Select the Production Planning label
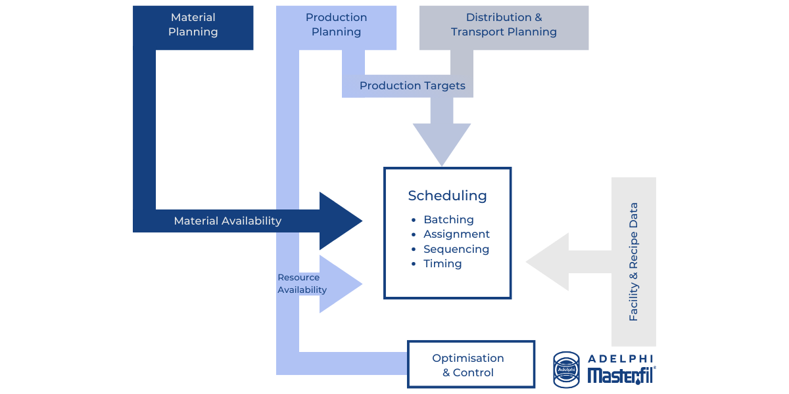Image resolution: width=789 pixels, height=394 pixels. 336,25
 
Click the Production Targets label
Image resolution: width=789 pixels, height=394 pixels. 412,86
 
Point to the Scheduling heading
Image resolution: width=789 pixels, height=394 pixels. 447,196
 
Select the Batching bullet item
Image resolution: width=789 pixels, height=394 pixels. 448,220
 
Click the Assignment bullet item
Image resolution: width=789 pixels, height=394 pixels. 456,234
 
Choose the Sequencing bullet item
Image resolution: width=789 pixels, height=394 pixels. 456,250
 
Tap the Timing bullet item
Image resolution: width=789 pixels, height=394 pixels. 442,264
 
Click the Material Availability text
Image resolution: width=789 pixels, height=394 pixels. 227,221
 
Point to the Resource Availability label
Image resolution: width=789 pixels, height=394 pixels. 302,284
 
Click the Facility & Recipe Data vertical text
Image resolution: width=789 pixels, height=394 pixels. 634,261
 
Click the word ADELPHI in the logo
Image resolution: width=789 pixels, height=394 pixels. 622,359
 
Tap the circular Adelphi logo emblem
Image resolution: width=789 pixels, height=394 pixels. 567,368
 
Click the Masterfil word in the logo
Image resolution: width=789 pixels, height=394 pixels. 621,376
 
